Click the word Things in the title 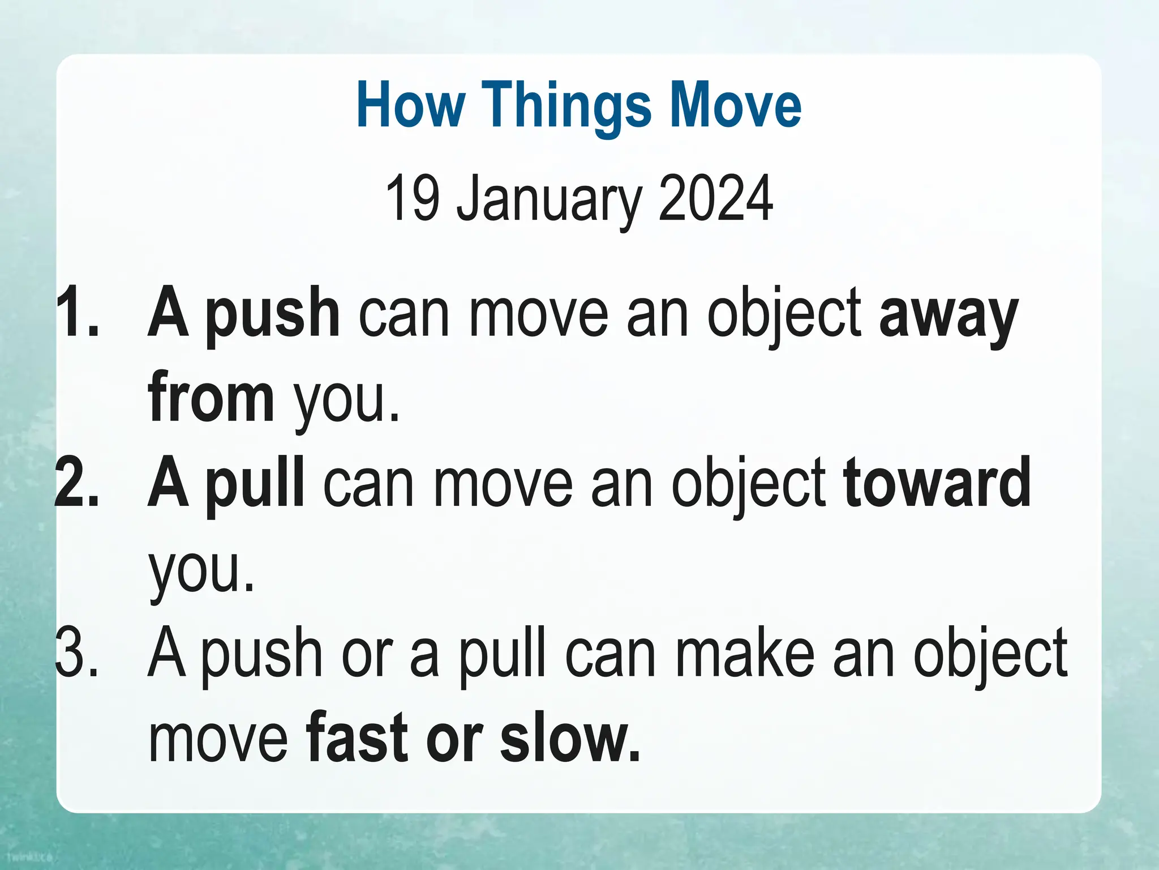(x=566, y=105)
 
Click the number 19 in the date (x=413, y=198)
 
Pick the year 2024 (x=716, y=198)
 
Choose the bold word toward (x=937, y=483)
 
